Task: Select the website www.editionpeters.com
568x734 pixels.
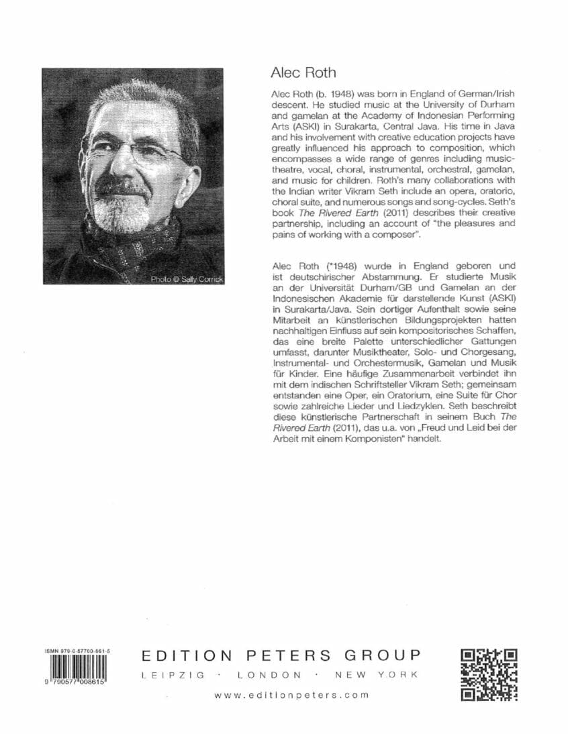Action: point(292,714)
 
